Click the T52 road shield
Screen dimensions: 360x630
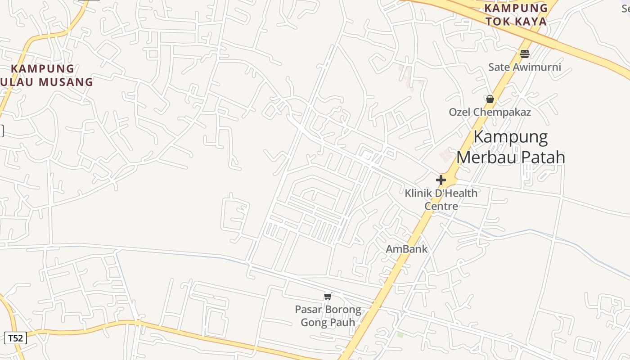(x=15, y=338)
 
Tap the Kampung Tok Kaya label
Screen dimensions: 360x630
(x=516, y=14)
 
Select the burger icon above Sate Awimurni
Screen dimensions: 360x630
(x=525, y=54)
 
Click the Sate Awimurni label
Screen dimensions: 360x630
(x=525, y=67)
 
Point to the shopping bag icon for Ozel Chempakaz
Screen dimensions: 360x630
(x=490, y=99)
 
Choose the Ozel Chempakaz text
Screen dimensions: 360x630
(x=490, y=112)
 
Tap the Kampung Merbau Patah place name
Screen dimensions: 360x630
(x=511, y=147)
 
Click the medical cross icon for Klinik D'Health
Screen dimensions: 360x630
(x=441, y=180)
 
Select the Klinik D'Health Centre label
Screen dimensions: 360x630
(x=441, y=199)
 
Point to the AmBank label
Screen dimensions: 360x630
(x=407, y=249)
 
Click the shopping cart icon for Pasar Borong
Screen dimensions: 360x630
(x=328, y=296)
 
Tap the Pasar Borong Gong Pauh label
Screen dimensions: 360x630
(x=328, y=316)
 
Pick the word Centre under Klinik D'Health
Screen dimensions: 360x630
(x=441, y=206)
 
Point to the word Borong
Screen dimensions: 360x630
(x=343, y=310)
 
